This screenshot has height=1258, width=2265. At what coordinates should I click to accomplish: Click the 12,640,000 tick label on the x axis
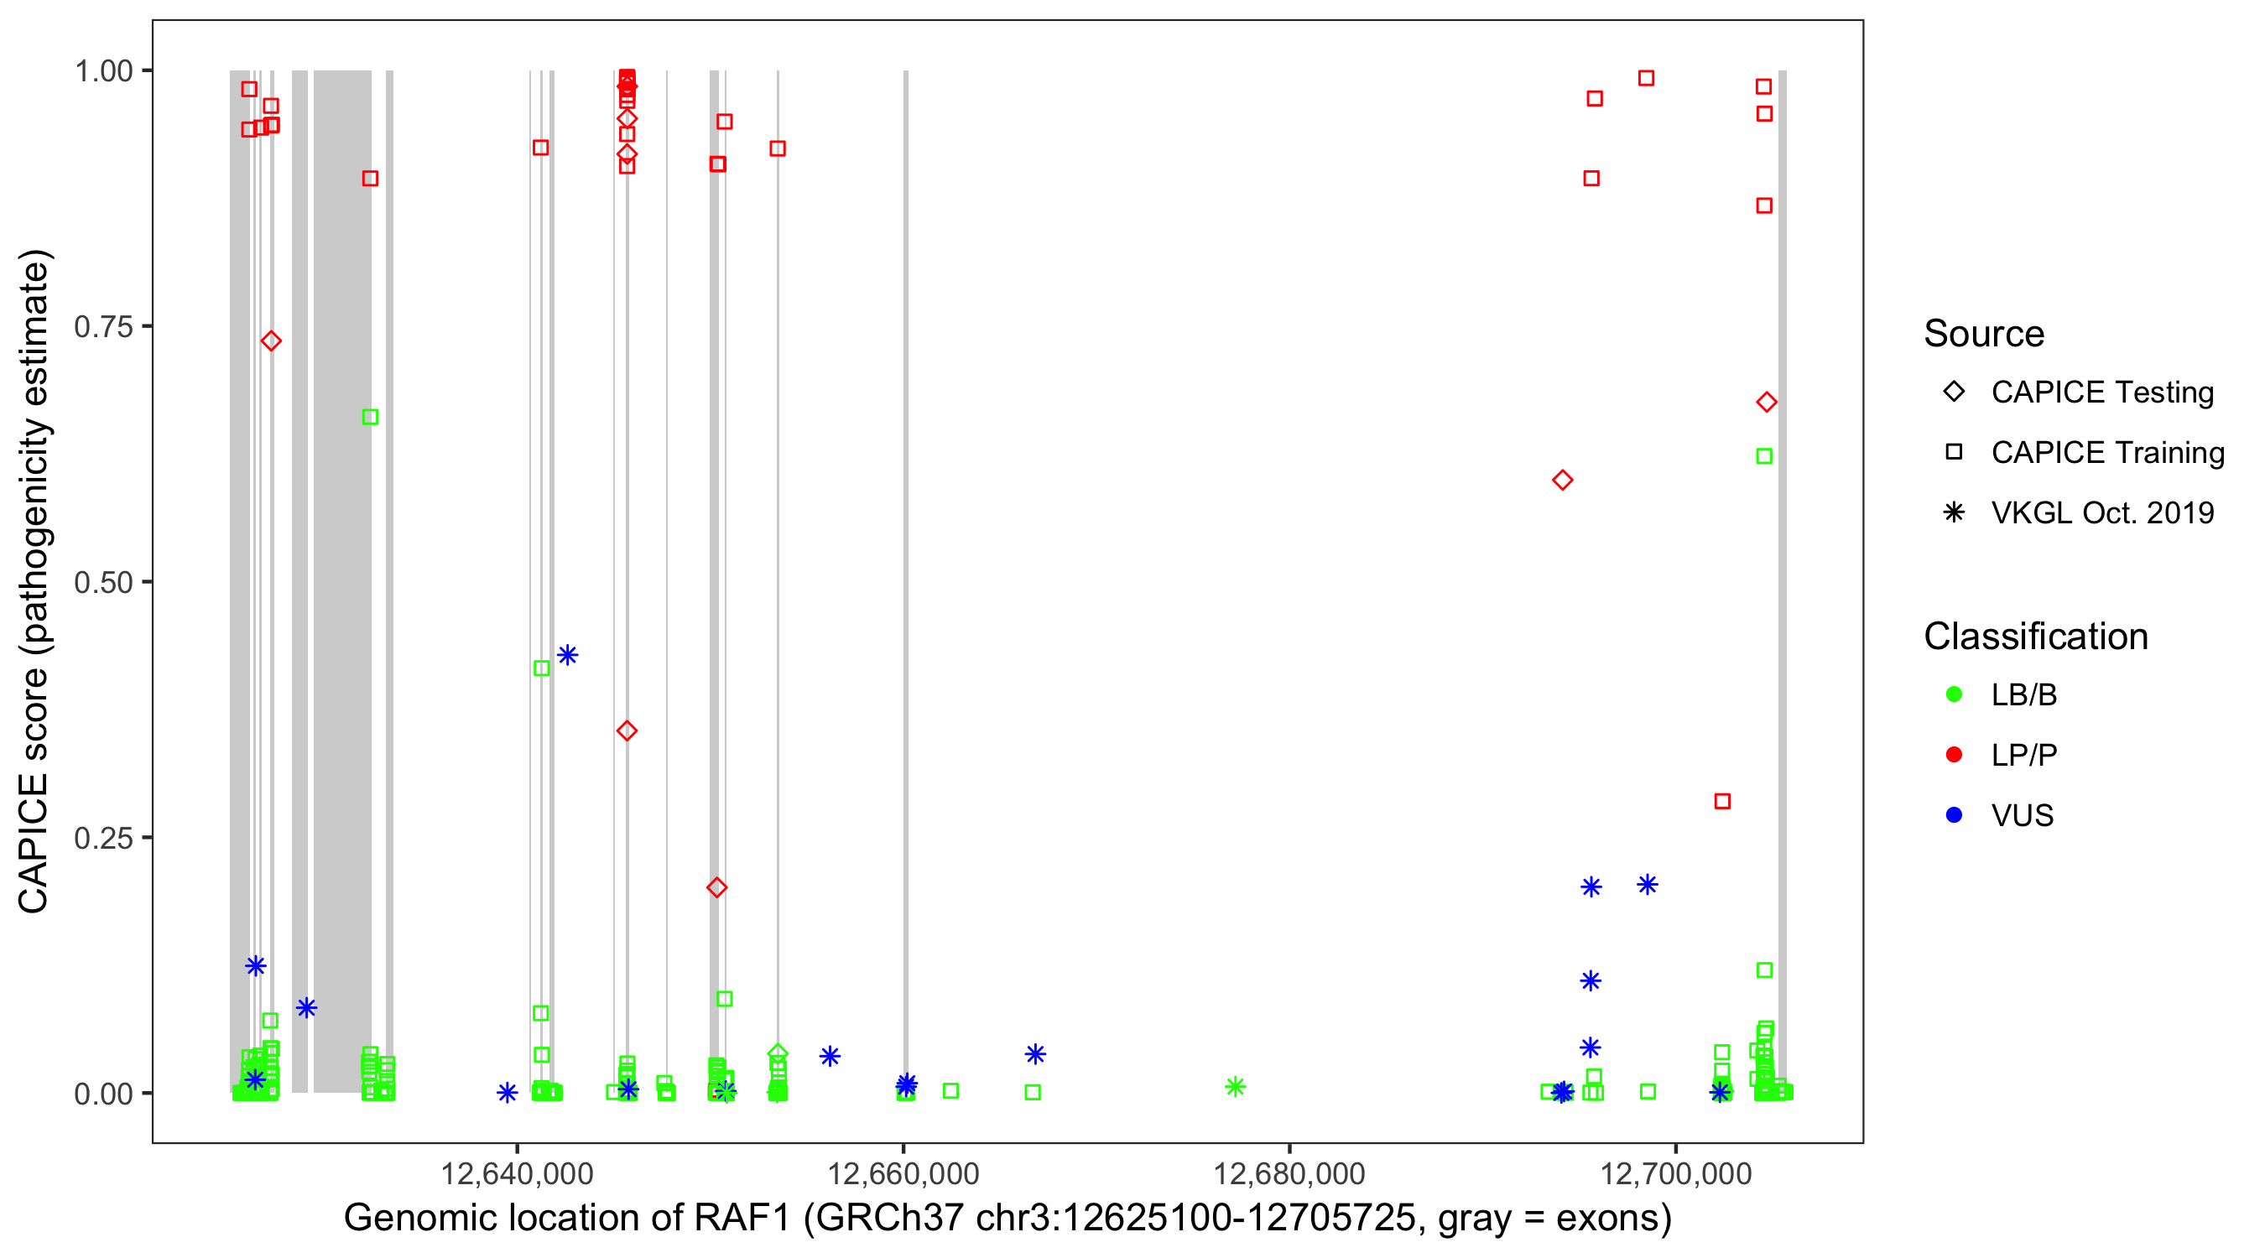(x=516, y=1173)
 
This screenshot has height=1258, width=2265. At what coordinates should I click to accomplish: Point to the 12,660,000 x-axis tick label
(x=903, y=1173)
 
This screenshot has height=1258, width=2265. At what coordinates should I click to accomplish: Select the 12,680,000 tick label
(x=1289, y=1173)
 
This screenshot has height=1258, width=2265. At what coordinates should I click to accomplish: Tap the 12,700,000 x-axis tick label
(x=1676, y=1173)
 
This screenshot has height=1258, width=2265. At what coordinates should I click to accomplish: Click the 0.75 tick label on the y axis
(x=103, y=327)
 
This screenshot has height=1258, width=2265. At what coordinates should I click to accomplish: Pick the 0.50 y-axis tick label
(x=103, y=582)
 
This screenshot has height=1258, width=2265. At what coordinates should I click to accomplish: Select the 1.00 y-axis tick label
(x=103, y=71)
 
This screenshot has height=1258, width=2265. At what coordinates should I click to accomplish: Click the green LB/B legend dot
(x=1955, y=694)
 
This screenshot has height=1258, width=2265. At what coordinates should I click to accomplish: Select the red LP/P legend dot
(x=1955, y=755)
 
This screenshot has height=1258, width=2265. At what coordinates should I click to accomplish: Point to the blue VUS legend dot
(x=1955, y=815)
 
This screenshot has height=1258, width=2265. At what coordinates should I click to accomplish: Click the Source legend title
(x=1984, y=334)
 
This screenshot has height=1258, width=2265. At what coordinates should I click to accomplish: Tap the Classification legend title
(x=2035, y=637)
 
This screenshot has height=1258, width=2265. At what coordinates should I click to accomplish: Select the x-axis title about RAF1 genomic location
(x=1008, y=1219)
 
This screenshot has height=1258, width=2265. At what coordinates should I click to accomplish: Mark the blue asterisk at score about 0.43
(x=568, y=655)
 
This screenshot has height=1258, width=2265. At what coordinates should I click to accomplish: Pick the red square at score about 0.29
(x=1722, y=801)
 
